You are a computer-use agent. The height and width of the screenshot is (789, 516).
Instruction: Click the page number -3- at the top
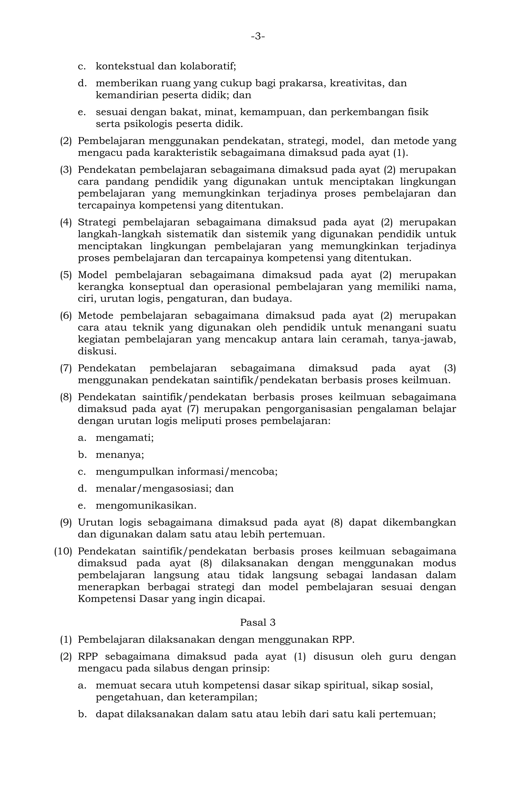click(258, 36)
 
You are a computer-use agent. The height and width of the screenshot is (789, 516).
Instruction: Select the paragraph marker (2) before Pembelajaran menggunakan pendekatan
click(66, 141)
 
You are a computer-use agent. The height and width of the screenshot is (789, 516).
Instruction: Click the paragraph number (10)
click(63, 551)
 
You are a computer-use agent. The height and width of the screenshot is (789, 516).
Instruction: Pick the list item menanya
click(120, 455)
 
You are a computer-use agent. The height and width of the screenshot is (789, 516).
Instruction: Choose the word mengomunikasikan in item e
click(145, 506)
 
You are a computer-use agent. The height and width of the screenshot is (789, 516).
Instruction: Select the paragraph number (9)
click(66, 522)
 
